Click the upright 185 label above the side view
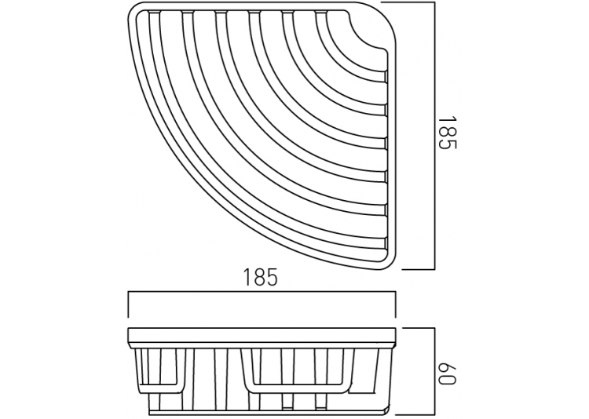click(x=260, y=277)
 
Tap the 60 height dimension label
click(x=447, y=373)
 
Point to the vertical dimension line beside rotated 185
click(x=434, y=136)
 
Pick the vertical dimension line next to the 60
click(x=434, y=372)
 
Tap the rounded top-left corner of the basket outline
click(x=134, y=13)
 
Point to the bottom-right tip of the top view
click(x=391, y=268)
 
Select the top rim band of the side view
click(x=262, y=337)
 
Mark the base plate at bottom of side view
click(x=269, y=412)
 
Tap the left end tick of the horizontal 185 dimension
click(x=129, y=304)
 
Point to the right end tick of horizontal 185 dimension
click(x=395, y=304)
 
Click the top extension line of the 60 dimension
click(x=419, y=328)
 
